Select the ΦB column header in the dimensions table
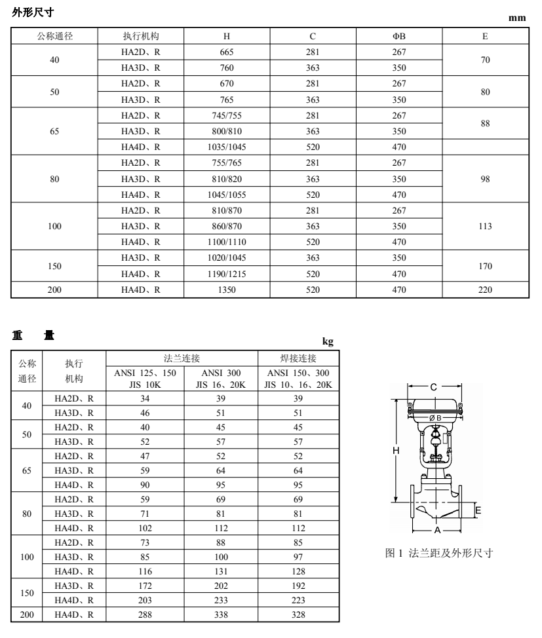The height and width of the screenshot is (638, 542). click(399, 36)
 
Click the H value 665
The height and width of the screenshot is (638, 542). click(227, 52)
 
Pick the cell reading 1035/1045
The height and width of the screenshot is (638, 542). click(227, 147)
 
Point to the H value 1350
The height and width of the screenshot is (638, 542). click(227, 290)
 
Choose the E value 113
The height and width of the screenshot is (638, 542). click(485, 227)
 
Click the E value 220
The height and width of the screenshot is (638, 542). click(485, 290)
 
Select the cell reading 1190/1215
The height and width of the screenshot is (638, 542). click(227, 274)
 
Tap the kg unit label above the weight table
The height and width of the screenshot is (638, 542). click(329, 341)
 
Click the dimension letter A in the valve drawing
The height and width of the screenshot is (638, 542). click(437, 529)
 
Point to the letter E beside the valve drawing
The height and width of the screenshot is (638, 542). click(478, 510)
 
